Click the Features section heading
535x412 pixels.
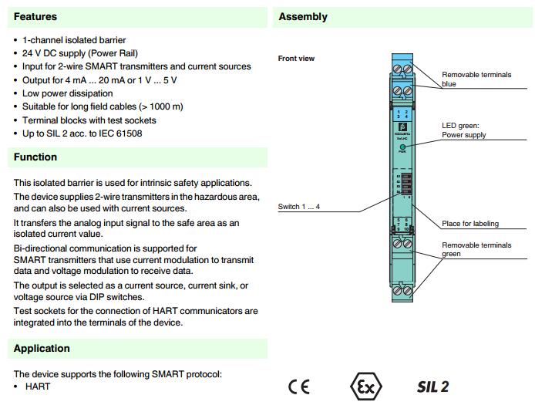[35, 16]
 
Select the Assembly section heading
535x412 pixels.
[303, 16]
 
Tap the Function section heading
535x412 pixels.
[35, 157]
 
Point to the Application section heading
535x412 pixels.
[42, 348]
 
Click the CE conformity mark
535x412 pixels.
[298, 387]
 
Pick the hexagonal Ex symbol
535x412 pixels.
[365, 387]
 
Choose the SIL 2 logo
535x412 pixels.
[432, 387]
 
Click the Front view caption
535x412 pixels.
[296, 59]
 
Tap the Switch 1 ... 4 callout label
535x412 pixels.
[298, 207]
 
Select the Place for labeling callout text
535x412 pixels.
[469, 224]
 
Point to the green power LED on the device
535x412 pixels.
[402, 144]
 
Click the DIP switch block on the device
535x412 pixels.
[401, 186]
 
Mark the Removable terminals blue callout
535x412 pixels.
[476, 79]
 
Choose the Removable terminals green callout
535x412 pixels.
[476, 249]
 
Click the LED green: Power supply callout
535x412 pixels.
[463, 130]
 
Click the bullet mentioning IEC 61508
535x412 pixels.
[82, 133]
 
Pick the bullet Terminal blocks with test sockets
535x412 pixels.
[89, 120]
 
